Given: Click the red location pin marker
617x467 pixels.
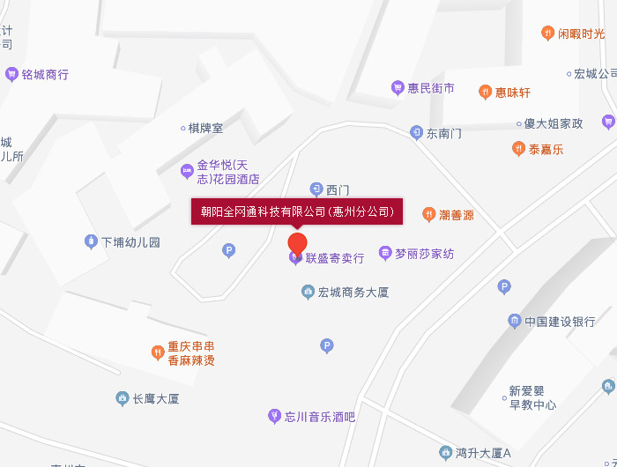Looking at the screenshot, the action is [298, 242].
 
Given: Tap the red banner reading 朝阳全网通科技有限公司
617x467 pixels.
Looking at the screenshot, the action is [297, 211].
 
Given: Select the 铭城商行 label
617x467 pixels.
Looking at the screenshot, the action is [45, 75].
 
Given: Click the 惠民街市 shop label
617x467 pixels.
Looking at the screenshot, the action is [431, 88].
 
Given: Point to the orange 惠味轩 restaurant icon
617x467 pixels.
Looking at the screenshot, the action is [485, 92].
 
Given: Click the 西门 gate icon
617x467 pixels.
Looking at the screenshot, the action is [316, 189].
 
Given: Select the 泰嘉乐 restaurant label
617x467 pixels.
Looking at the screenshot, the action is [546, 149].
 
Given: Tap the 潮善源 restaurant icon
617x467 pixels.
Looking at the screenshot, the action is [428, 214].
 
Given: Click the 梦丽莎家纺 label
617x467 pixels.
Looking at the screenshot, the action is [424, 254].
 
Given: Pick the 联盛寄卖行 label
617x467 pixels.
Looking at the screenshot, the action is [334, 258].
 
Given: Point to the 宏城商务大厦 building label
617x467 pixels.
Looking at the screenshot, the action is [353, 292].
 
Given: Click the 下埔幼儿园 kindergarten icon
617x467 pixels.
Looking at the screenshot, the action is [90, 241].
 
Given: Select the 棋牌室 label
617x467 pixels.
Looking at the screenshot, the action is [205, 128].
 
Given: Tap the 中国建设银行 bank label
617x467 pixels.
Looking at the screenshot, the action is [560, 322].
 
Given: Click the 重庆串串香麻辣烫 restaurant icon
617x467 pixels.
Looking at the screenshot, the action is [156, 352].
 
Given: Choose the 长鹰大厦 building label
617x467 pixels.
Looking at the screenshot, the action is [155, 399].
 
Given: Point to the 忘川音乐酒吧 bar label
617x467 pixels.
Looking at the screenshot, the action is [319, 416].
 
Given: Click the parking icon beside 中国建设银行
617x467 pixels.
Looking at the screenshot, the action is [504, 286].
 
